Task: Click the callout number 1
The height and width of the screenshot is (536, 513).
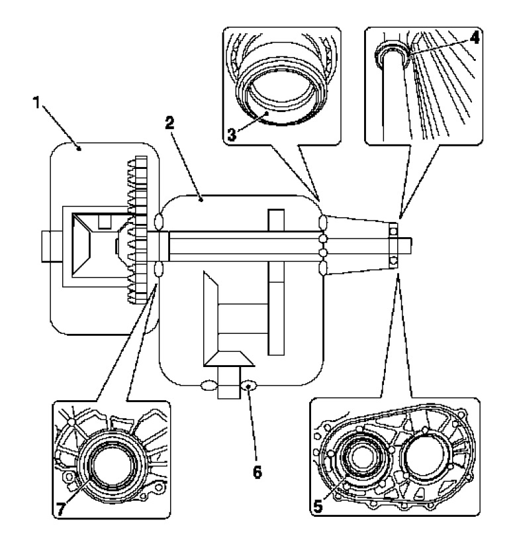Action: [x=37, y=102]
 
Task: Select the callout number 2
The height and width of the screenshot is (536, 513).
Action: [x=169, y=123]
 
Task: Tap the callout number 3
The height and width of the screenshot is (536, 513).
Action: [x=232, y=135]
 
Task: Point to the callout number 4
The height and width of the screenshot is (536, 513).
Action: [x=475, y=38]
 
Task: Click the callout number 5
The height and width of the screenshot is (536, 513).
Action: [x=318, y=506]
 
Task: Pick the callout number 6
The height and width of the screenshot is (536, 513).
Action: [x=257, y=472]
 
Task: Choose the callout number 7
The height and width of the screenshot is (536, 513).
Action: [x=60, y=509]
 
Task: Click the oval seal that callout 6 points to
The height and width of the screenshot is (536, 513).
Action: [x=249, y=386]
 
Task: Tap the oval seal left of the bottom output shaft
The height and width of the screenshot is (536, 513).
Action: [x=209, y=386]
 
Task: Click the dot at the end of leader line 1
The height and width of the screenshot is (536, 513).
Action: [x=79, y=149]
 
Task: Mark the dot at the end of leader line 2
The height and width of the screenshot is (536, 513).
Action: [x=201, y=200]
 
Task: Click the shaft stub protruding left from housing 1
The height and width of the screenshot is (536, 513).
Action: [x=52, y=246]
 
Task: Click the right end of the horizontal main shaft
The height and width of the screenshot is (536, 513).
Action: [x=411, y=246]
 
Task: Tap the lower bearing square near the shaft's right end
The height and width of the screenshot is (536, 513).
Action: [x=394, y=260]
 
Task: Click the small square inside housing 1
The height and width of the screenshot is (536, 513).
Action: [x=105, y=222]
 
